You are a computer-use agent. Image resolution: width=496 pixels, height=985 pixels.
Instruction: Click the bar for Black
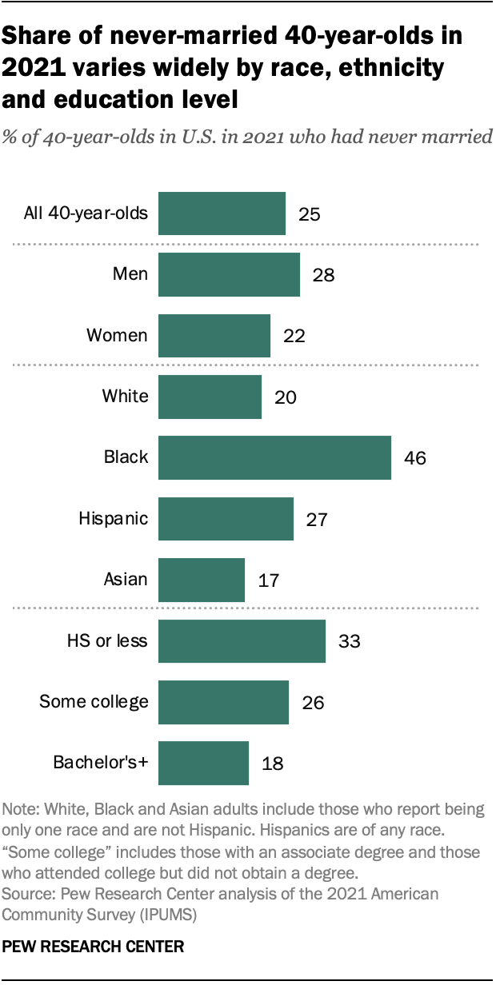click(x=274, y=457)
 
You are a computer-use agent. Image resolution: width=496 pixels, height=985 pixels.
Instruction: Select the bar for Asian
click(x=202, y=580)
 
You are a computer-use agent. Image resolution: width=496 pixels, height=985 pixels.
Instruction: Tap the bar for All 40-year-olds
click(x=222, y=213)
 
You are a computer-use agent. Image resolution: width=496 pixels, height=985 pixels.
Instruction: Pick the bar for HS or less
click(x=242, y=640)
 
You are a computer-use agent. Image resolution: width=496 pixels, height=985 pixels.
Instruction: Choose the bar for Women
click(x=214, y=336)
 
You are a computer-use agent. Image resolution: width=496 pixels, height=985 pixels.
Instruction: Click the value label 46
click(x=415, y=458)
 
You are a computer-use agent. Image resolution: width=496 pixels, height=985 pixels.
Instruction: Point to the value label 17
click(x=269, y=580)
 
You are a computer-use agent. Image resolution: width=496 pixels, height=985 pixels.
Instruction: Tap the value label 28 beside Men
click(x=323, y=275)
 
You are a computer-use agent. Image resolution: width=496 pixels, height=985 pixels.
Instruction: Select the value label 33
click(x=350, y=641)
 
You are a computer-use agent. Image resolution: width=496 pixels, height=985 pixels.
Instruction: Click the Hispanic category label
click(x=113, y=518)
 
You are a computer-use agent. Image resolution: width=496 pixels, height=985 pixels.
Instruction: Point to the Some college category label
click(x=94, y=702)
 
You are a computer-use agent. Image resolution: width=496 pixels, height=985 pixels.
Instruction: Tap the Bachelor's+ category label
click(x=100, y=763)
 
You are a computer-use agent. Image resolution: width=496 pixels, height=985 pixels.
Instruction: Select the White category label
click(x=125, y=397)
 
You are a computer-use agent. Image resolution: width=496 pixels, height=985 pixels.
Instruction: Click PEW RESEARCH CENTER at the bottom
click(x=94, y=947)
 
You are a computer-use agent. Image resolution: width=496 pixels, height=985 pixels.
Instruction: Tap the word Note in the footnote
click(x=19, y=809)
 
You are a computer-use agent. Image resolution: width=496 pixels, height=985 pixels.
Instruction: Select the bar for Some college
click(x=223, y=701)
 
